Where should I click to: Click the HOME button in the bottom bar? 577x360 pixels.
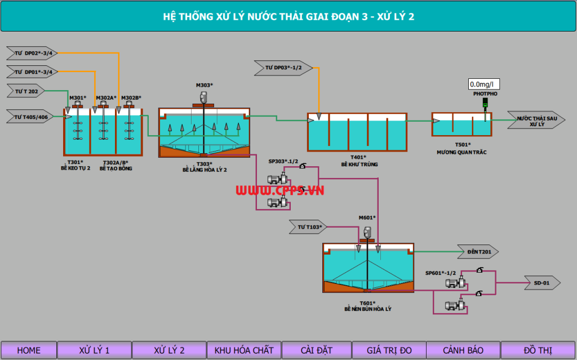tap(29, 350)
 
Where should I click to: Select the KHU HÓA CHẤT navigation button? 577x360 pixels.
tap(243, 350)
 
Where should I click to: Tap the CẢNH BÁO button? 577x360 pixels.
tap(463, 350)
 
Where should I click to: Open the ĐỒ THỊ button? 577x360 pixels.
tap(538, 350)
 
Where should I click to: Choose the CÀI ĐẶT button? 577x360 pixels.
tap(317, 350)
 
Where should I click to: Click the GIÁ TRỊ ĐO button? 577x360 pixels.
tap(389, 350)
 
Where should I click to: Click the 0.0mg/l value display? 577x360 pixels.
tap(484, 85)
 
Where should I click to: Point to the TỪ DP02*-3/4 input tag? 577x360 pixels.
tap(32, 54)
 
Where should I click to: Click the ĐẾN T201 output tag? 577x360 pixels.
tap(478, 252)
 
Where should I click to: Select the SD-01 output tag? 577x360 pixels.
tap(542, 282)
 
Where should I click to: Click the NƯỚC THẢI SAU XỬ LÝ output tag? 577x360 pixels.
tap(536, 121)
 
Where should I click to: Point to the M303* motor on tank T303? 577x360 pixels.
tap(204, 96)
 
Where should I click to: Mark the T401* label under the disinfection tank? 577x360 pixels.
tap(358, 157)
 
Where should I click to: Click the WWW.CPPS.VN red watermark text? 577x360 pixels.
tap(279, 190)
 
